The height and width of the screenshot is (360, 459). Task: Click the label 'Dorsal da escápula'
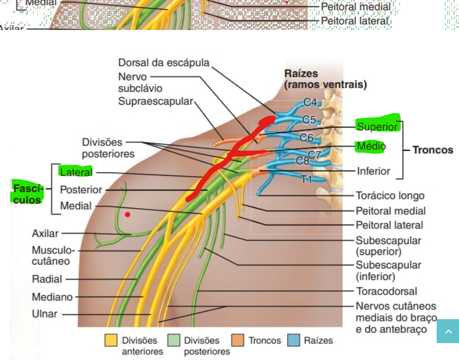(164, 63)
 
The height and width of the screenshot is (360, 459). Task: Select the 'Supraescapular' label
(155, 101)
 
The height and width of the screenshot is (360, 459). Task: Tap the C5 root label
(309, 119)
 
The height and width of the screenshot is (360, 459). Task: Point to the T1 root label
(307, 179)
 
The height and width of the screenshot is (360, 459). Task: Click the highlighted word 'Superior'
(377, 126)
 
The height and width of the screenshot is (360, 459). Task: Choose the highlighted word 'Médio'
(371, 146)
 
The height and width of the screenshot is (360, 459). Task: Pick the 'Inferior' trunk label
(373, 171)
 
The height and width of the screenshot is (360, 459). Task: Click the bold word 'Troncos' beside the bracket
(432, 150)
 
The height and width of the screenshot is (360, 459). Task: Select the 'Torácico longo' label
(390, 196)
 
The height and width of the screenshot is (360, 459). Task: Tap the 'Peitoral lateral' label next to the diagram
(389, 225)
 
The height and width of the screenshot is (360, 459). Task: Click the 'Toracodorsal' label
(386, 291)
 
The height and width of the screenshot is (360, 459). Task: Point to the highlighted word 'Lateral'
(76, 172)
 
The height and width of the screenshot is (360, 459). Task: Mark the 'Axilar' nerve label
(45, 234)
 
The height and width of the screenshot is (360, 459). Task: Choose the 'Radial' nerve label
(47, 279)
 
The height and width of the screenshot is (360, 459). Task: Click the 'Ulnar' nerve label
(45, 314)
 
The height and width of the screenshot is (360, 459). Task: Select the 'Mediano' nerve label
(52, 297)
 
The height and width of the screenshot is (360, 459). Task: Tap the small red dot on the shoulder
(128, 215)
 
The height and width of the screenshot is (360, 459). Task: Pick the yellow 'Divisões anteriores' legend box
(111, 340)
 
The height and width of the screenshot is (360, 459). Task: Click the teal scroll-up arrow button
(448, 331)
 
